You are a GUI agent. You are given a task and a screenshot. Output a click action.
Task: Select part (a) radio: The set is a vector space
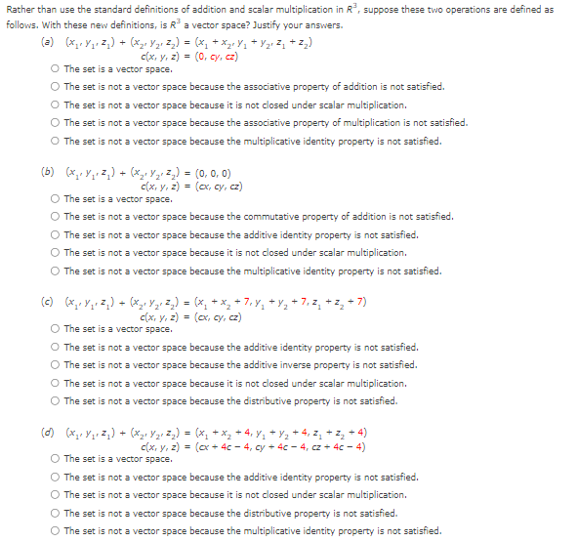tap(57, 69)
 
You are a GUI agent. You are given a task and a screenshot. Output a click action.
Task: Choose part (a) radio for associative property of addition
tap(57, 87)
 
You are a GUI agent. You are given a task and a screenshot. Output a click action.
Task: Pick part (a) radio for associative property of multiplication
tap(57, 123)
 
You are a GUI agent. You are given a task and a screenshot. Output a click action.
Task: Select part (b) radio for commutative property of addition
tap(57, 217)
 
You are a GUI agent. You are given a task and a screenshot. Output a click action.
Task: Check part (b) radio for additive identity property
tap(57, 234)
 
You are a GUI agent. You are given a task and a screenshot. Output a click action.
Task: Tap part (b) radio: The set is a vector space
tap(57, 199)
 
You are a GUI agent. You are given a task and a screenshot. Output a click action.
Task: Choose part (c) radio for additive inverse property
tap(57, 365)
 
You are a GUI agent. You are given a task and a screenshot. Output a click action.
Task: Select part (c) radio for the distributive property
tap(57, 401)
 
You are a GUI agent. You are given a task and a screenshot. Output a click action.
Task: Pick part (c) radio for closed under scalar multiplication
tap(57, 384)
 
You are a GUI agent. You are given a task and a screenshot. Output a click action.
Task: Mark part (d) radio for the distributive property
tap(57, 514)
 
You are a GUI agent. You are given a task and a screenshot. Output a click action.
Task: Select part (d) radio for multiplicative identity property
tap(57, 531)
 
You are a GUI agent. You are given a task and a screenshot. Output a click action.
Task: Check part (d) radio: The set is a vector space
tap(57, 459)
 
